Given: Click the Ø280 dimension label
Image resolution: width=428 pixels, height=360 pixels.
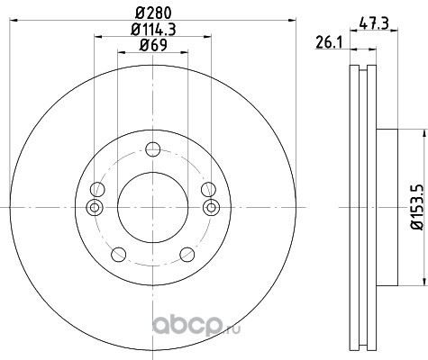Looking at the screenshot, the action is click(153, 13).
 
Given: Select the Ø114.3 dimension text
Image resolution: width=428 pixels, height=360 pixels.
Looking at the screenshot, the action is click(153, 30).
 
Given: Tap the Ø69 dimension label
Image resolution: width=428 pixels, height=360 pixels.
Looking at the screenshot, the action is click(153, 45).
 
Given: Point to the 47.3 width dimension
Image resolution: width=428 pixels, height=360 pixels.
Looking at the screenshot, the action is click(374, 22).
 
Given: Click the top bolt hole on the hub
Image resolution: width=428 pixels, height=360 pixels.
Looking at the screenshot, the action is click(152, 149).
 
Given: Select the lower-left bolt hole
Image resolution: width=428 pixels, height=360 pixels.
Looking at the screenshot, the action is click(118, 255).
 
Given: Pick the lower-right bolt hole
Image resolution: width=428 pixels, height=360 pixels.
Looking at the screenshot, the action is click(187, 255).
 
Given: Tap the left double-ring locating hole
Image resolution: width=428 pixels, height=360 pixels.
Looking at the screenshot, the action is click(95, 207).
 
